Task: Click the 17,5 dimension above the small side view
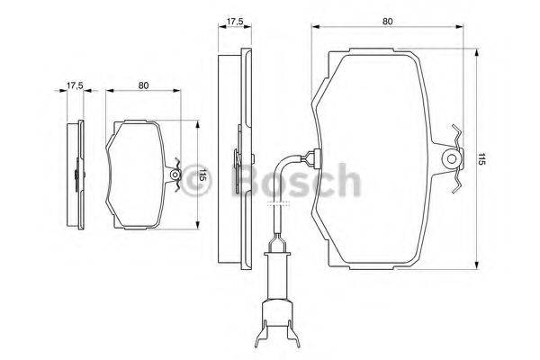click(x=75, y=85)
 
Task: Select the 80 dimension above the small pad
click(x=144, y=85)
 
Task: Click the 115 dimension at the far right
click(x=482, y=159)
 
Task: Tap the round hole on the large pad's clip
click(x=447, y=159)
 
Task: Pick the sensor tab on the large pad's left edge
click(x=310, y=160)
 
